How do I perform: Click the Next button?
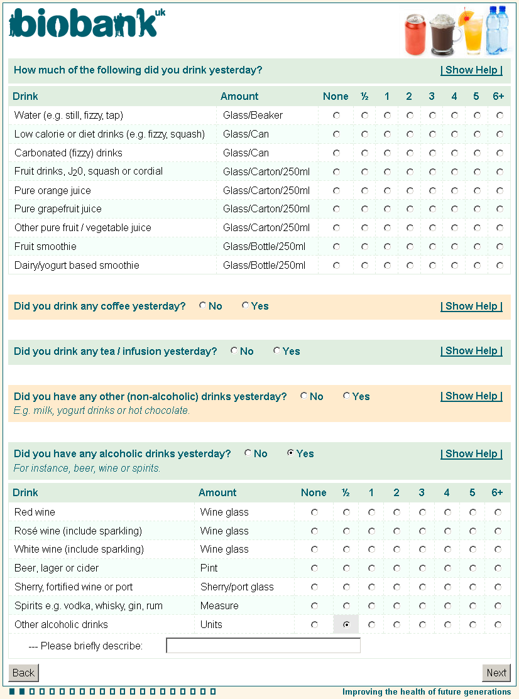coord(496,673)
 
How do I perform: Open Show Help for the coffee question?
coord(471,306)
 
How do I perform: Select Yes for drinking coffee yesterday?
coord(245,306)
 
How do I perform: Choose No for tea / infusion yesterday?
coord(234,351)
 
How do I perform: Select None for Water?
coord(336,116)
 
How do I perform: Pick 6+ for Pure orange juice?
coord(500,190)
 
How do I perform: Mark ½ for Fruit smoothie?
coord(364,247)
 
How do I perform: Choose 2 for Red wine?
coord(396,512)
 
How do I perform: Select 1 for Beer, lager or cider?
coord(371,568)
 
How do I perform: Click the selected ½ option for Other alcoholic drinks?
coord(346,625)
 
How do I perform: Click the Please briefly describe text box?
coord(263,646)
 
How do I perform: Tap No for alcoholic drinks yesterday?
coord(248,453)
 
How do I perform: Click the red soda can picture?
coord(415,35)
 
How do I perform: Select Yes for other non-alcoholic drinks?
coord(346,396)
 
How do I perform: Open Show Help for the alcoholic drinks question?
coord(471,453)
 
